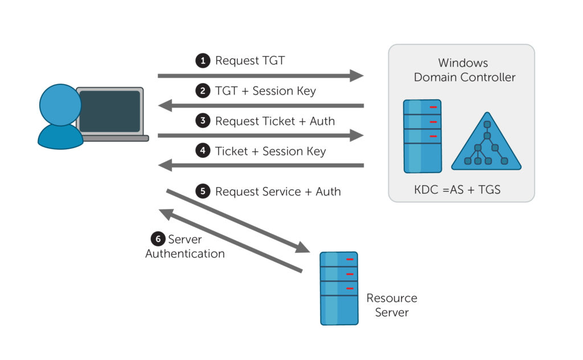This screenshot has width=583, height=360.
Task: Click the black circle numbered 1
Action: pos(203,61)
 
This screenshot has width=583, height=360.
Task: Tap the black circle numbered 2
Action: pos(203,91)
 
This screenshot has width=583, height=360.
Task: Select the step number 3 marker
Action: pos(203,121)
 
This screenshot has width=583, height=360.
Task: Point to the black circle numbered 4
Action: pos(203,152)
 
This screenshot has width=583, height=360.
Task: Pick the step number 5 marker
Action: pos(203,191)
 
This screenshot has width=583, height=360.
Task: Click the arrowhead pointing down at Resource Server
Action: pos(302,247)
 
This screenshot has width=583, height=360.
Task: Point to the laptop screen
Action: pos(109,111)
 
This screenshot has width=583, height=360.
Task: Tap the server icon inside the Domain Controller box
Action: pos(422,136)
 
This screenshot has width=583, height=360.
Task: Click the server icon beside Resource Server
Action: pos(339,288)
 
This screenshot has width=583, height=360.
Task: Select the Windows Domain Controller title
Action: pos(464,70)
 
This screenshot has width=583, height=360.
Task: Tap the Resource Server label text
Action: pos(392,305)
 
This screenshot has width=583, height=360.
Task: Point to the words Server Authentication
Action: pos(185,247)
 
